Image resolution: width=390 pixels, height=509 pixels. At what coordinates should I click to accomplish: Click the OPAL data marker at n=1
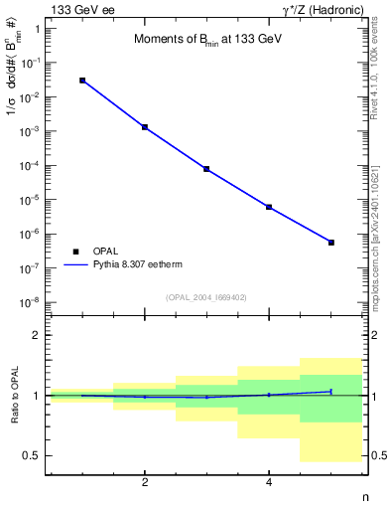click(x=82, y=81)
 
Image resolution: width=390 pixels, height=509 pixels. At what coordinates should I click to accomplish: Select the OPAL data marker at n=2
click(x=145, y=127)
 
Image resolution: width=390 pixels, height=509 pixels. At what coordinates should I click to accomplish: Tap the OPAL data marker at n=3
click(x=206, y=169)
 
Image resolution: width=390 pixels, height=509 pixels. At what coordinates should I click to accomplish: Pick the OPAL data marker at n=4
click(x=269, y=207)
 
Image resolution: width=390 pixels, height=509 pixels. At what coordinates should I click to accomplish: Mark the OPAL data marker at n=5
click(x=331, y=243)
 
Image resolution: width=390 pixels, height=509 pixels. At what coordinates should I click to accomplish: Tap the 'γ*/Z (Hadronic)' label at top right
click(x=320, y=9)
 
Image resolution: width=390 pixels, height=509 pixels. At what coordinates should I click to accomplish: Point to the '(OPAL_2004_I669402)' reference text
click(x=206, y=296)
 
